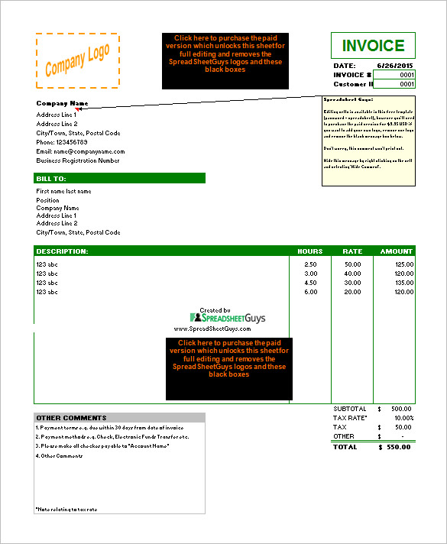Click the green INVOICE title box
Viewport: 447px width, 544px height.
click(x=373, y=46)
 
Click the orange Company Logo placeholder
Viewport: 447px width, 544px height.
click(x=77, y=61)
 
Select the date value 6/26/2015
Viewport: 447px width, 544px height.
click(x=396, y=66)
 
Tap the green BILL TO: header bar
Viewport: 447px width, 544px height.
click(x=120, y=178)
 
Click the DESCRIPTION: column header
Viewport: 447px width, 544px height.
click(x=63, y=251)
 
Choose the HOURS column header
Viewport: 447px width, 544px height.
click(x=309, y=251)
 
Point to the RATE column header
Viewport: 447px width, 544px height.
click(x=352, y=251)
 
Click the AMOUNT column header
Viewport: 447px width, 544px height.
click(x=396, y=251)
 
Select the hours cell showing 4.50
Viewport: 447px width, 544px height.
click(x=311, y=283)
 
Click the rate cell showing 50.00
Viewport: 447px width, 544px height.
click(x=352, y=264)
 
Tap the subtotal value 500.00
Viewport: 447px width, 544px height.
click(x=400, y=409)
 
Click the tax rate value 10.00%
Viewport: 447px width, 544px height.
click(x=403, y=418)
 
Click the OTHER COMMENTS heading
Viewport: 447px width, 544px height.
click(x=72, y=418)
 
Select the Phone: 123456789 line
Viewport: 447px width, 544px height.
click(x=62, y=142)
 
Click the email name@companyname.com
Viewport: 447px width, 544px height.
click(x=80, y=151)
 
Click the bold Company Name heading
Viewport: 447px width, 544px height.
click(x=63, y=103)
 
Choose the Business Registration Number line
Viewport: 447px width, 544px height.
click(x=78, y=160)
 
